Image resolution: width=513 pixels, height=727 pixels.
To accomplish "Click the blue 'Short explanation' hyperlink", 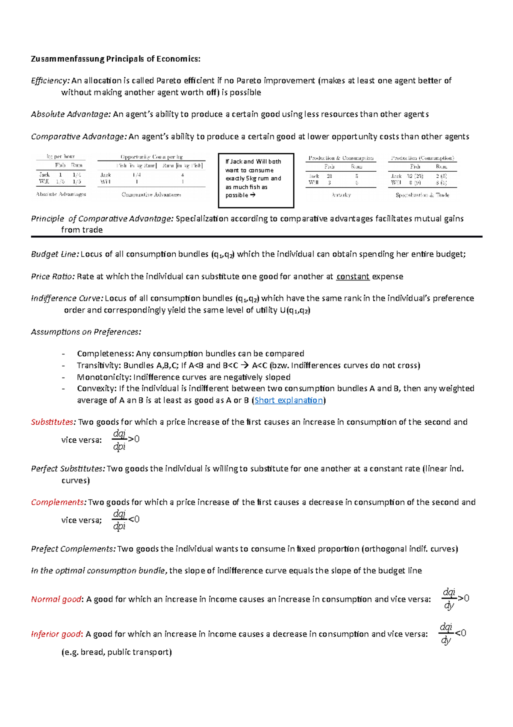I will [x=289, y=400].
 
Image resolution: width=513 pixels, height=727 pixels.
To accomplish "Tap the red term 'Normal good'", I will [x=56, y=599].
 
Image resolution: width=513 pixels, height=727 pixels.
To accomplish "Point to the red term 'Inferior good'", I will [x=56, y=634].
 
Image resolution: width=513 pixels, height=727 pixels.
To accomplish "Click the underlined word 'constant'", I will [x=353, y=277].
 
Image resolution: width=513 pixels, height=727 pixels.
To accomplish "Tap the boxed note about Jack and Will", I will [x=256, y=180].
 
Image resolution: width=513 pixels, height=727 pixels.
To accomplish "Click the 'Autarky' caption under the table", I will [x=341, y=195].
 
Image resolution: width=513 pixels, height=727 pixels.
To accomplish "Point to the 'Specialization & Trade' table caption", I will [x=422, y=195].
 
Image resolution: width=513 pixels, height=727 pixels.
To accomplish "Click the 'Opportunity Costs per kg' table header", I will [x=151, y=157].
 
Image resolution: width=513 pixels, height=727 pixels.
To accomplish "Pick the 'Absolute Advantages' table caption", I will [x=61, y=194].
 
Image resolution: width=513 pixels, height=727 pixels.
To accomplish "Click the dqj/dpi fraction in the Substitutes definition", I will [x=119, y=440].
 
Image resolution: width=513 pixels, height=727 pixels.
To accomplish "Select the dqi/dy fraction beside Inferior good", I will [x=446, y=634].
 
